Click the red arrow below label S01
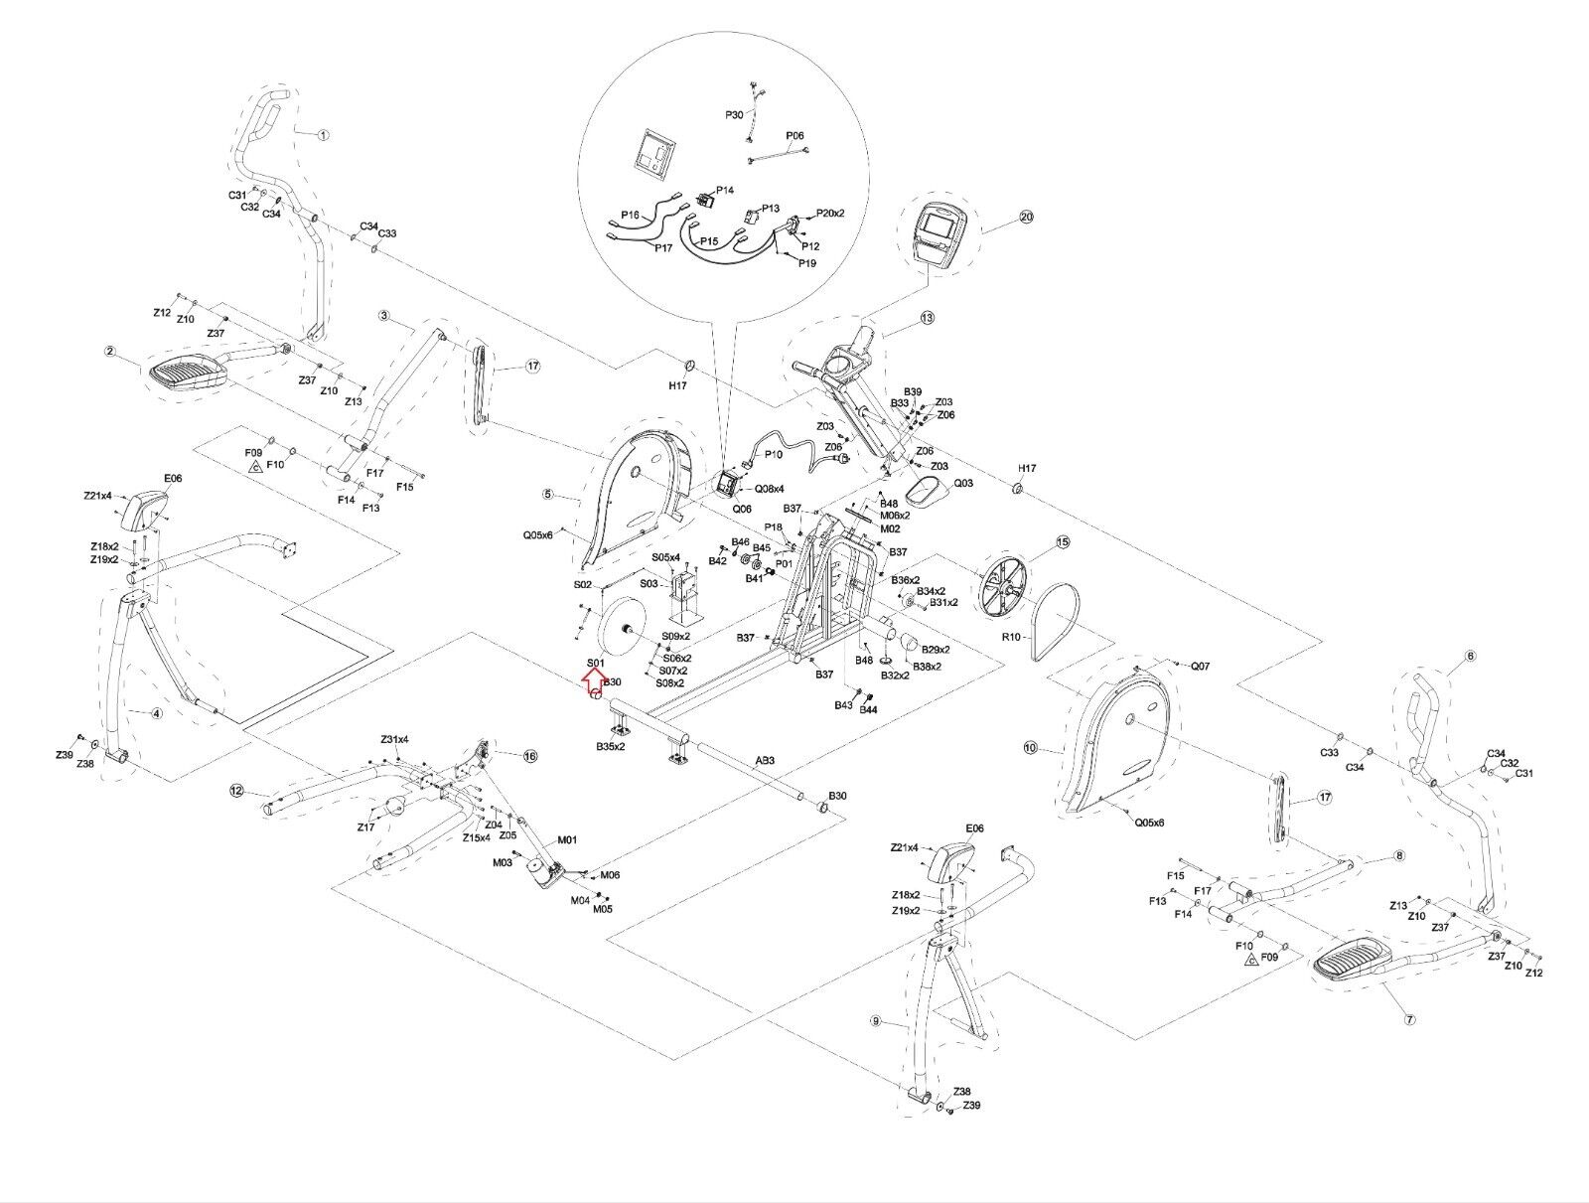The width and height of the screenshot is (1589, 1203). click(x=593, y=680)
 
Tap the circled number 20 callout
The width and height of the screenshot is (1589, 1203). click(x=1026, y=217)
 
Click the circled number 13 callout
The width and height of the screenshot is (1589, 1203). click(x=928, y=318)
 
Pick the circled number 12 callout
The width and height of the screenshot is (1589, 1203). click(x=236, y=791)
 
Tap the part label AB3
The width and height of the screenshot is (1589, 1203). click(x=765, y=761)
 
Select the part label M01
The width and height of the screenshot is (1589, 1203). click(x=566, y=839)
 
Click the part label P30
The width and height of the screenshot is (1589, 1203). click(x=734, y=115)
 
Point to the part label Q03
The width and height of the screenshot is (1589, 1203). click(x=963, y=483)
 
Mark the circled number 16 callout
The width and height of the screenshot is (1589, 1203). click(x=530, y=756)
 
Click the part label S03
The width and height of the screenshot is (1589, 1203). click(x=649, y=583)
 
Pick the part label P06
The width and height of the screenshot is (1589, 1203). click(x=794, y=135)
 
